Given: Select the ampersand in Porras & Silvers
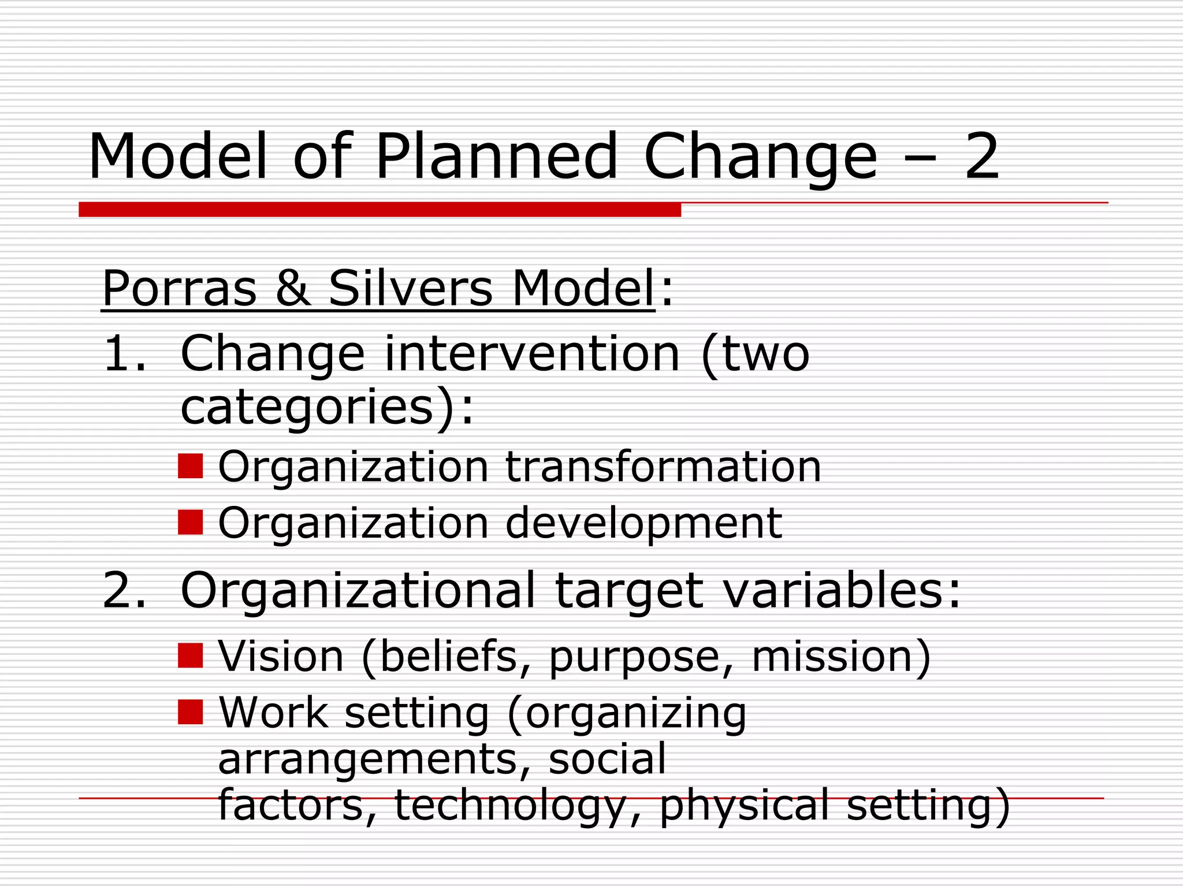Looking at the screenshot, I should pos(293,289).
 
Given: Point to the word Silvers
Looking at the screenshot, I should pos(411,289).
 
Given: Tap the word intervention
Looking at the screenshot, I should pos(532,354).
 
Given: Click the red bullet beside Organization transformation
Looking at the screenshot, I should pos(190,466).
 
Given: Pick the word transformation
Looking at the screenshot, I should pos(663,467).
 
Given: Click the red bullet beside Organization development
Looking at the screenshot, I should pos(190,522).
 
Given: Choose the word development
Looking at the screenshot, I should pos(643,523).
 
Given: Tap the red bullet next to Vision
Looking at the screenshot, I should pos(190,655).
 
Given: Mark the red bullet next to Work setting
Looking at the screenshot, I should pos(190,712).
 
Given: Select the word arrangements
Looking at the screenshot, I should pos(367,759).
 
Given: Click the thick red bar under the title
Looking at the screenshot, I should pos(380,210).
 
